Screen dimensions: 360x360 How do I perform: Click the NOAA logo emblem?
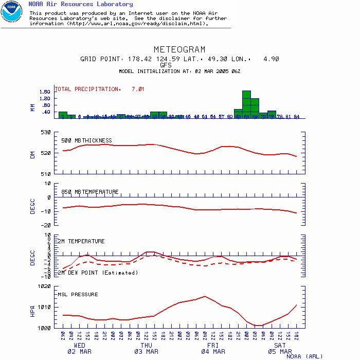click(11, 11)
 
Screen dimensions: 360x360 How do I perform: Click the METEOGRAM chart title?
click(179, 50)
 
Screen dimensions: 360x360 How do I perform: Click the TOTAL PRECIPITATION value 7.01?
click(138, 89)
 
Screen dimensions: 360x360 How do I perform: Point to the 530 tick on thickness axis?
click(46, 132)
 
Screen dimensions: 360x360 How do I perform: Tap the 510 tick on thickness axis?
click(46, 174)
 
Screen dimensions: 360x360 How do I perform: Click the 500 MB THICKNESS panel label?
click(86, 140)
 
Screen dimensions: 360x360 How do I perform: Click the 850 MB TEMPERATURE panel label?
click(90, 192)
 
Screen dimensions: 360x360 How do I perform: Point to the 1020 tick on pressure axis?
click(44, 286)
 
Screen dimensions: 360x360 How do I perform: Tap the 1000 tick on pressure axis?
click(44, 328)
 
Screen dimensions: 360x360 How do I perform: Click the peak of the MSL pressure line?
click(205, 296)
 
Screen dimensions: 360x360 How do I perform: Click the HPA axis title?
click(32, 311)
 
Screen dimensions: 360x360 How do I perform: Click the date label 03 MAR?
click(146, 352)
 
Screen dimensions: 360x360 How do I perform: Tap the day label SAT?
click(280, 346)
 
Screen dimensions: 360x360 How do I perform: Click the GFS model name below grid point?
click(166, 65)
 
